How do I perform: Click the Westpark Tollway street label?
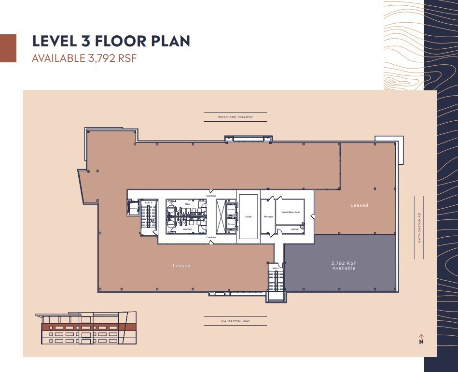235,117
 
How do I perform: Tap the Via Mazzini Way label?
235,321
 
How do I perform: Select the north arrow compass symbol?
421,339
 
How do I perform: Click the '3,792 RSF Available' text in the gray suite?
343,265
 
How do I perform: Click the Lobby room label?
248,216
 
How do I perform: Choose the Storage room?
268,216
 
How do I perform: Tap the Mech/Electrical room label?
291,212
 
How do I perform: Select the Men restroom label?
187,205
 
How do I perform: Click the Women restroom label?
187,229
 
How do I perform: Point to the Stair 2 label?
148,202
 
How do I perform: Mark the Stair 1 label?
275,267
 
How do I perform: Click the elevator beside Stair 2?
134,209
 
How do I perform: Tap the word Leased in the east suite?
359,205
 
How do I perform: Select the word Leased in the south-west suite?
181,266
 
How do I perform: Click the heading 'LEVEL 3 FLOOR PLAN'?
111,41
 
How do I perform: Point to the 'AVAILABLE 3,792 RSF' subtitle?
85,58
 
